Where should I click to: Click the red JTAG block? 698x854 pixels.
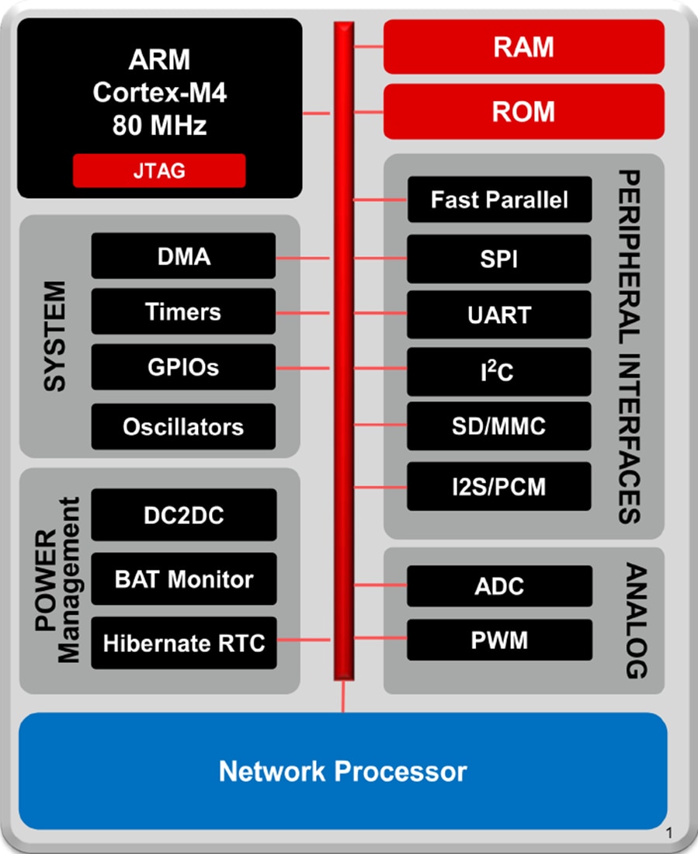(159, 171)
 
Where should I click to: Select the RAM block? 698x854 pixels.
(524, 47)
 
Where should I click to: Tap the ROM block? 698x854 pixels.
(524, 111)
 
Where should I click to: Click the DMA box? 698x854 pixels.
(183, 255)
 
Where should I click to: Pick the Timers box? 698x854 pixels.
(183, 312)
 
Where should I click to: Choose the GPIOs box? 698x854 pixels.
(183, 368)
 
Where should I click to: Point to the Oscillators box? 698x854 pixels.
(183, 426)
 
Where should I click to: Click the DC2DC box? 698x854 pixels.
(183, 515)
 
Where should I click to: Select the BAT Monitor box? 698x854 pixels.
(183, 579)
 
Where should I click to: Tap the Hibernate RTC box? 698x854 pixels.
(183, 643)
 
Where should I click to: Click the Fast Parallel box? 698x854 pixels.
(499, 200)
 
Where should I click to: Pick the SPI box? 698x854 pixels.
(499, 259)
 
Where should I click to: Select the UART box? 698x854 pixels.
(499, 314)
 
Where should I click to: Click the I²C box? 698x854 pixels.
(499, 372)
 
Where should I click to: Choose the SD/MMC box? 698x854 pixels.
(499, 426)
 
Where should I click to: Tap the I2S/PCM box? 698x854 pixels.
(499, 487)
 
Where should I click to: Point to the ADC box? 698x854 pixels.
(499, 586)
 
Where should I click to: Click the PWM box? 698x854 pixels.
(499, 641)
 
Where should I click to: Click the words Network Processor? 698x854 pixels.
(342, 772)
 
